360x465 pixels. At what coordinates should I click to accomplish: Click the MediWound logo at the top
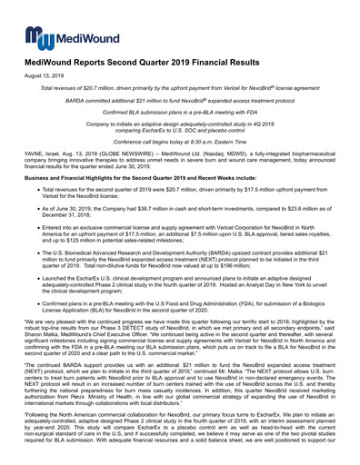coord(59,37)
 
